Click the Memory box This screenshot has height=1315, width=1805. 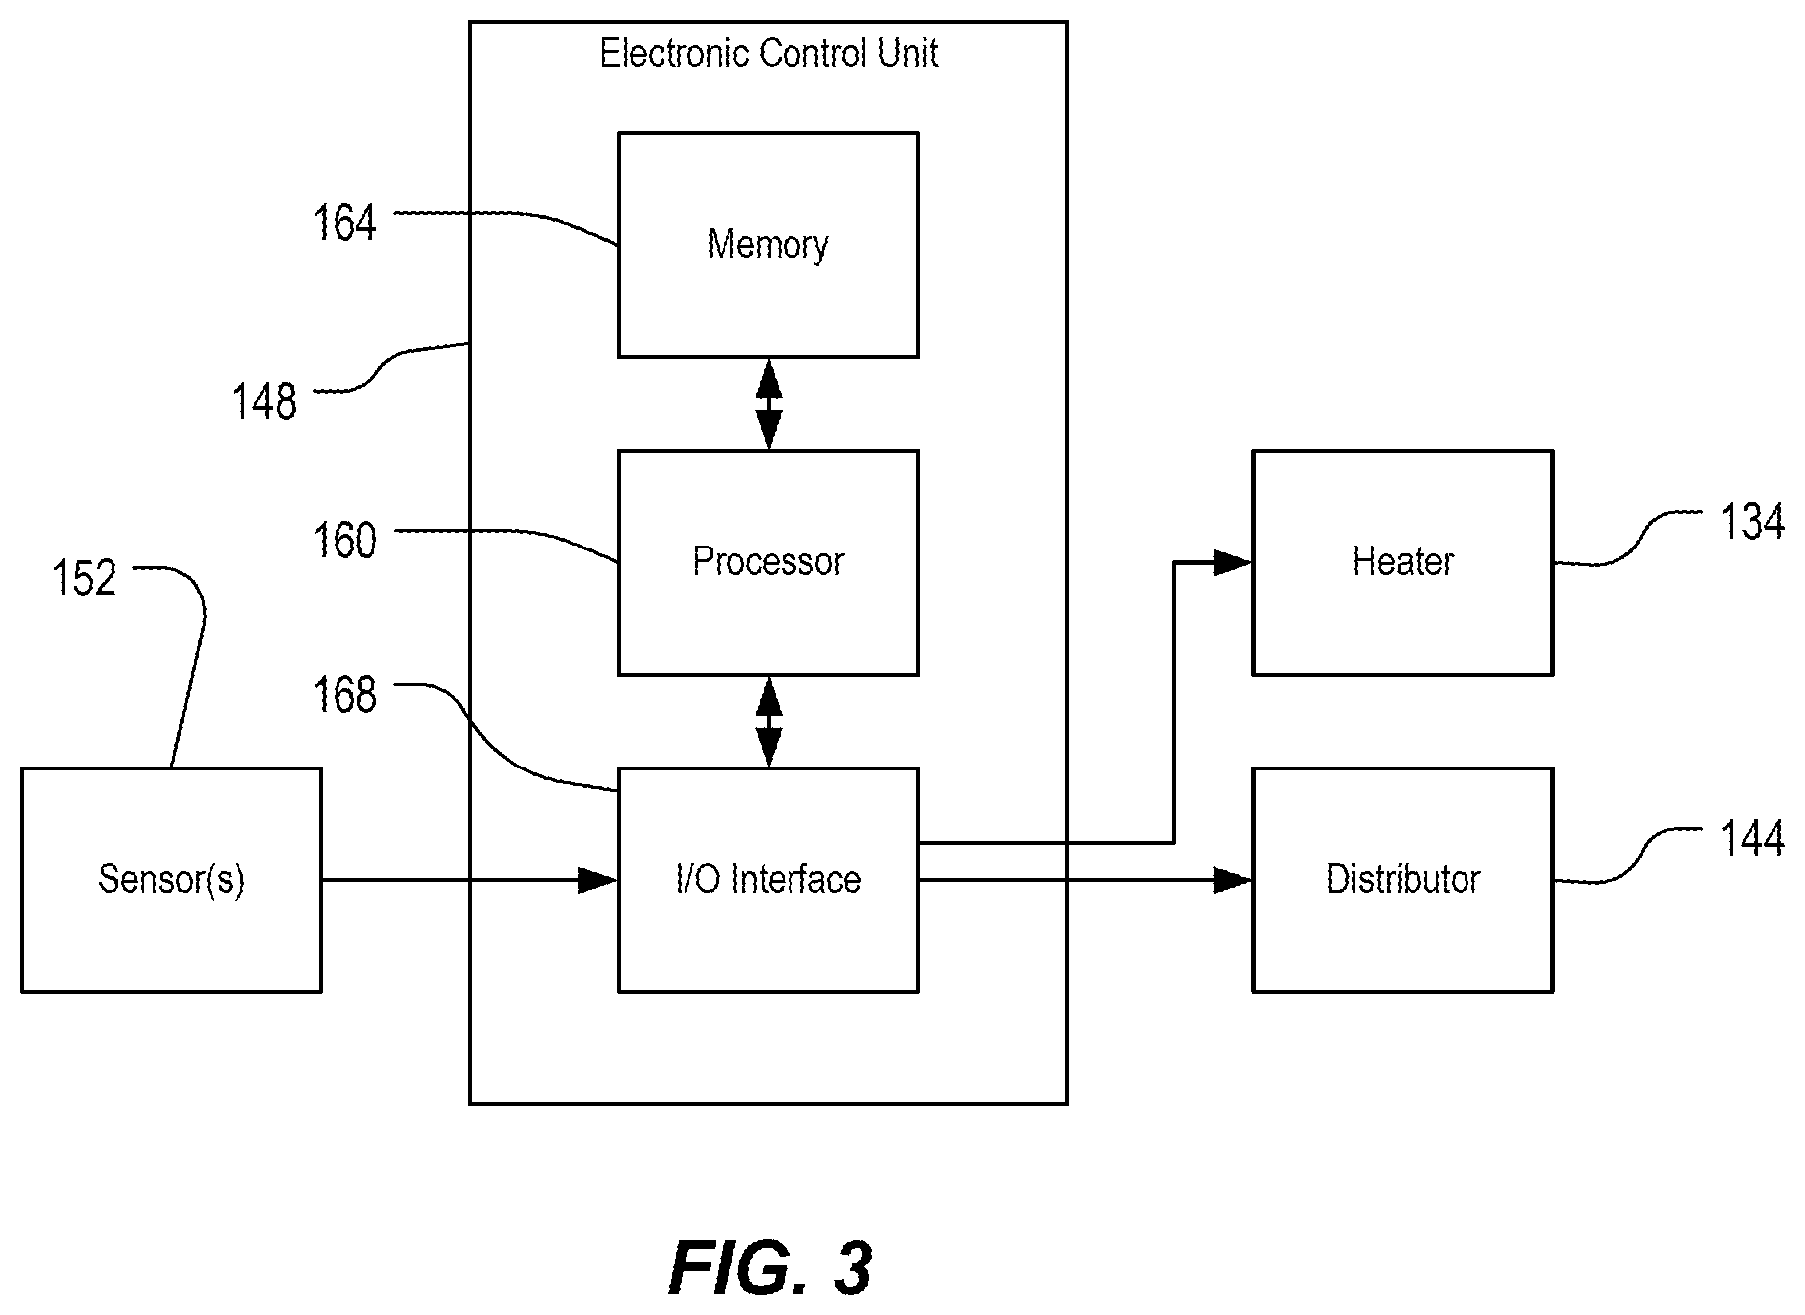tap(768, 245)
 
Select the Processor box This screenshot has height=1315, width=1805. tap(768, 562)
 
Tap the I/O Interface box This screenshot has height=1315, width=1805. tap(768, 880)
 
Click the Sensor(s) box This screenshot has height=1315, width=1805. tap(171, 880)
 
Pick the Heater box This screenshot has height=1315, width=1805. tap(1403, 562)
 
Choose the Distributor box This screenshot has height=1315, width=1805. tap(1403, 880)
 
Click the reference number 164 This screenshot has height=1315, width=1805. tap(345, 222)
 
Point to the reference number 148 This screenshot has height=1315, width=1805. tap(264, 402)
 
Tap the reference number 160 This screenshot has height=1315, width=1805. tap(345, 541)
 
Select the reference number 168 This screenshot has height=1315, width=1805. tap(345, 695)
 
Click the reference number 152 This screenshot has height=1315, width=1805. tap(85, 578)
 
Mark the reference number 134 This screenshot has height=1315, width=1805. tap(1753, 522)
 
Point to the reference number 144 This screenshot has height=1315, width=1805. tap(1753, 840)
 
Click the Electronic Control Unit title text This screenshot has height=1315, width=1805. tap(769, 53)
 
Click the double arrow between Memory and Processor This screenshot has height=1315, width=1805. tap(769, 404)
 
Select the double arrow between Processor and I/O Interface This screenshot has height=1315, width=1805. tap(769, 722)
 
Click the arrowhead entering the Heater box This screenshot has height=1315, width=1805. tap(1233, 562)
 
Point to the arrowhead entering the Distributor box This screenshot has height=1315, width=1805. tap(1233, 880)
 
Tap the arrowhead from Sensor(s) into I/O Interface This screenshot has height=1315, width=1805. tap(598, 880)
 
